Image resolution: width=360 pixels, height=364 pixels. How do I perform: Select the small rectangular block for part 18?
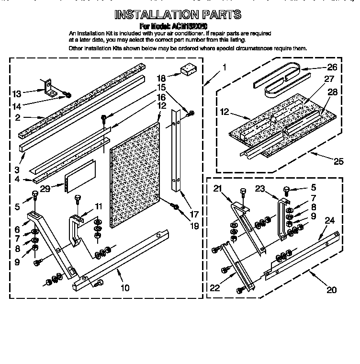(x=186, y=69)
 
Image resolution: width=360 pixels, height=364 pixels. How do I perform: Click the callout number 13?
(x=17, y=93)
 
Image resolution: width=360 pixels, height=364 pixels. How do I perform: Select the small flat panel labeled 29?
(x=80, y=175)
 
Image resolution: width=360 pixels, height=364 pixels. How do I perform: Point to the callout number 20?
(x=331, y=289)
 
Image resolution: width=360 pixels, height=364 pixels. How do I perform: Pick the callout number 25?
(x=338, y=162)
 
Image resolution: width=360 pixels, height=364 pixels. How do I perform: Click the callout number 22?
(x=215, y=287)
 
